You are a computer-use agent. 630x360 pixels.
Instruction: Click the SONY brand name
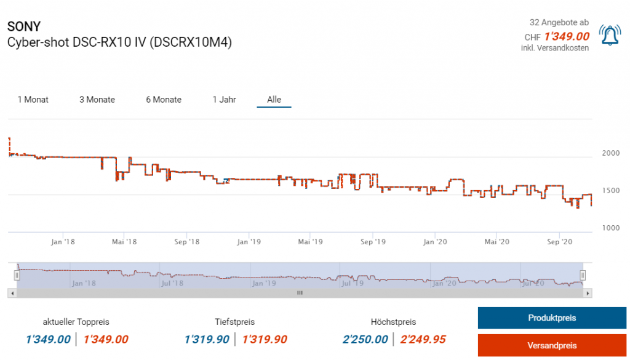coord(24,27)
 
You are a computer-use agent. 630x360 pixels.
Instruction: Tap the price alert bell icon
coord(610,36)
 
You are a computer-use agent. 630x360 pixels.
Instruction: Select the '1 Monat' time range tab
coord(33,100)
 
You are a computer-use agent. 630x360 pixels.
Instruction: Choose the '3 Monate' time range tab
coord(97,100)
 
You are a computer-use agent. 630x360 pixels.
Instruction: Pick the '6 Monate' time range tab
coord(164,100)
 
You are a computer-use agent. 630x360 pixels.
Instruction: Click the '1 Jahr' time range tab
coord(224,100)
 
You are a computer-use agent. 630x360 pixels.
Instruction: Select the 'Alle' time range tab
coord(274,100)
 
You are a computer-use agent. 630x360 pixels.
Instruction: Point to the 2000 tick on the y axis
coord(610,153)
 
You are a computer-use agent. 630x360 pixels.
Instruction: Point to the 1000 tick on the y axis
coord(610,228)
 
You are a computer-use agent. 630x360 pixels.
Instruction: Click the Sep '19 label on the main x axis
coord(372,242)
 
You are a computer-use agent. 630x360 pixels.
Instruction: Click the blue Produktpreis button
coord(552,318)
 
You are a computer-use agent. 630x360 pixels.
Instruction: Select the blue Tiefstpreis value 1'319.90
coord(207,340)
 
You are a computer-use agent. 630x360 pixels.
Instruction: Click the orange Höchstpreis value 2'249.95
coord(423,340)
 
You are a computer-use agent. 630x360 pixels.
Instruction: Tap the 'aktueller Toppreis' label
coord(76,322)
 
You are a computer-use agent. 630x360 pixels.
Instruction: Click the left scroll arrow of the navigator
coord(12,294)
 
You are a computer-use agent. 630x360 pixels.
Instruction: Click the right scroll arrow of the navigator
coord(588,294)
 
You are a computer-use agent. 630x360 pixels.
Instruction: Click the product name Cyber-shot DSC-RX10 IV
coord(119,43)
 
